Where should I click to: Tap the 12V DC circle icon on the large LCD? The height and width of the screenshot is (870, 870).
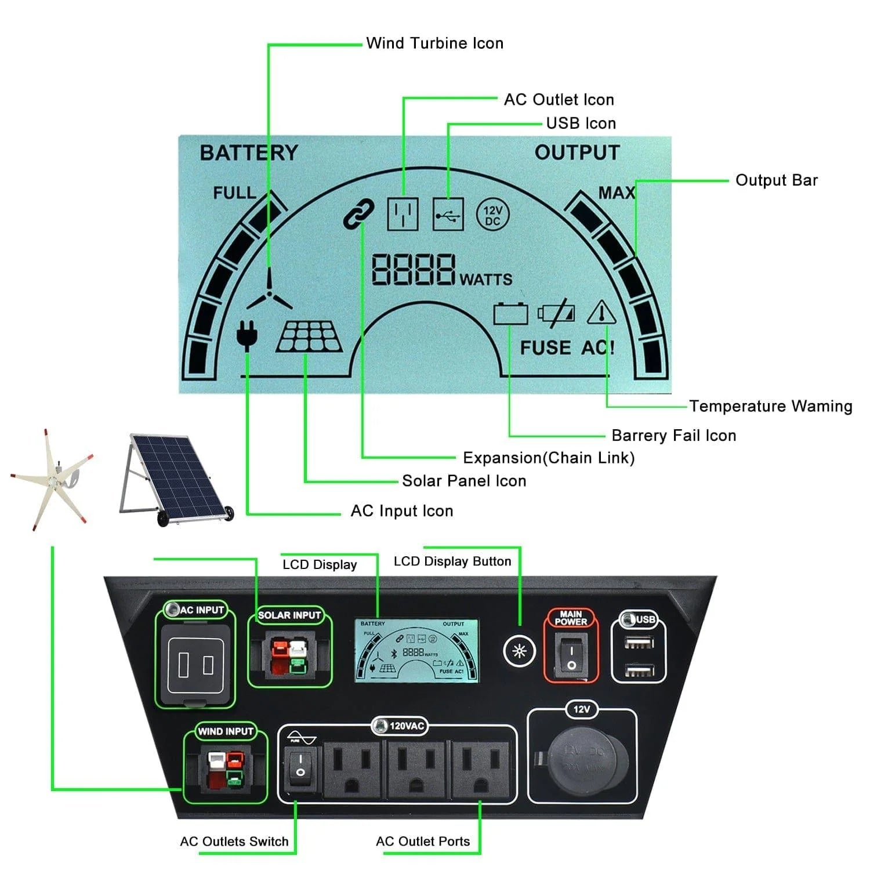pos(492,215)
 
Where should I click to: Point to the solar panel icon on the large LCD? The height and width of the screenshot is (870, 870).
pos(309,338)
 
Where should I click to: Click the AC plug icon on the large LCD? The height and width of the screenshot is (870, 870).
pos(247,335)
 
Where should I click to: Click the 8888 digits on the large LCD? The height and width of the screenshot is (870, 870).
pos(413,270)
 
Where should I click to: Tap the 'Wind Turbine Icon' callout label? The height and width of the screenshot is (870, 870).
pos(434,43)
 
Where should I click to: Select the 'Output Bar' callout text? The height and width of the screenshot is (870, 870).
pos(776,180)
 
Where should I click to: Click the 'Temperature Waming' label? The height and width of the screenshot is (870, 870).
pos(770,406)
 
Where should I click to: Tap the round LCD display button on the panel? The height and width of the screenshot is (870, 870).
pos(519,651)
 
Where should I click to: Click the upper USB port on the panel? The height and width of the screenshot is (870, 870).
pos(639,643)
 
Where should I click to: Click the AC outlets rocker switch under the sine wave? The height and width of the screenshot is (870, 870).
pos(300,765)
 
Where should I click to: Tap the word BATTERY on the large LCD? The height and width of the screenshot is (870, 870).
pos(249,153)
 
